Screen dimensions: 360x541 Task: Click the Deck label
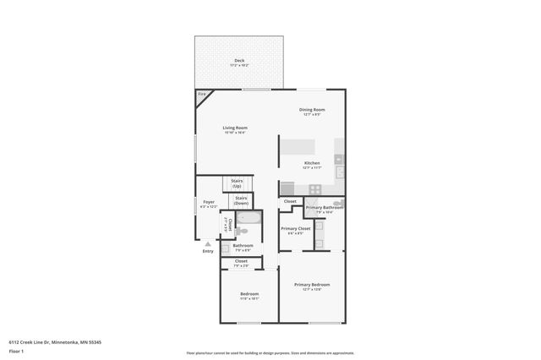click(x=240, y=62)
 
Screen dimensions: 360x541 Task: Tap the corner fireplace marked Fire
click(x=202, y=95)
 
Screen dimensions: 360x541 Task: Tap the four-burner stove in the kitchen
click(x=314, y=189)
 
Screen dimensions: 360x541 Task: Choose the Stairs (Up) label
click(x=237, y=183)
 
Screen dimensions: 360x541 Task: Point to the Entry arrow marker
click(x=208, y=245)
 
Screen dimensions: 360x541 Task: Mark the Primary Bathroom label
click(x=325, y=209)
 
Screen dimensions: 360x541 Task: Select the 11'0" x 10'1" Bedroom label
click(x=249, y=295)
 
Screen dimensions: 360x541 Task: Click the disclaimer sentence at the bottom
click(x=270, y=352)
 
